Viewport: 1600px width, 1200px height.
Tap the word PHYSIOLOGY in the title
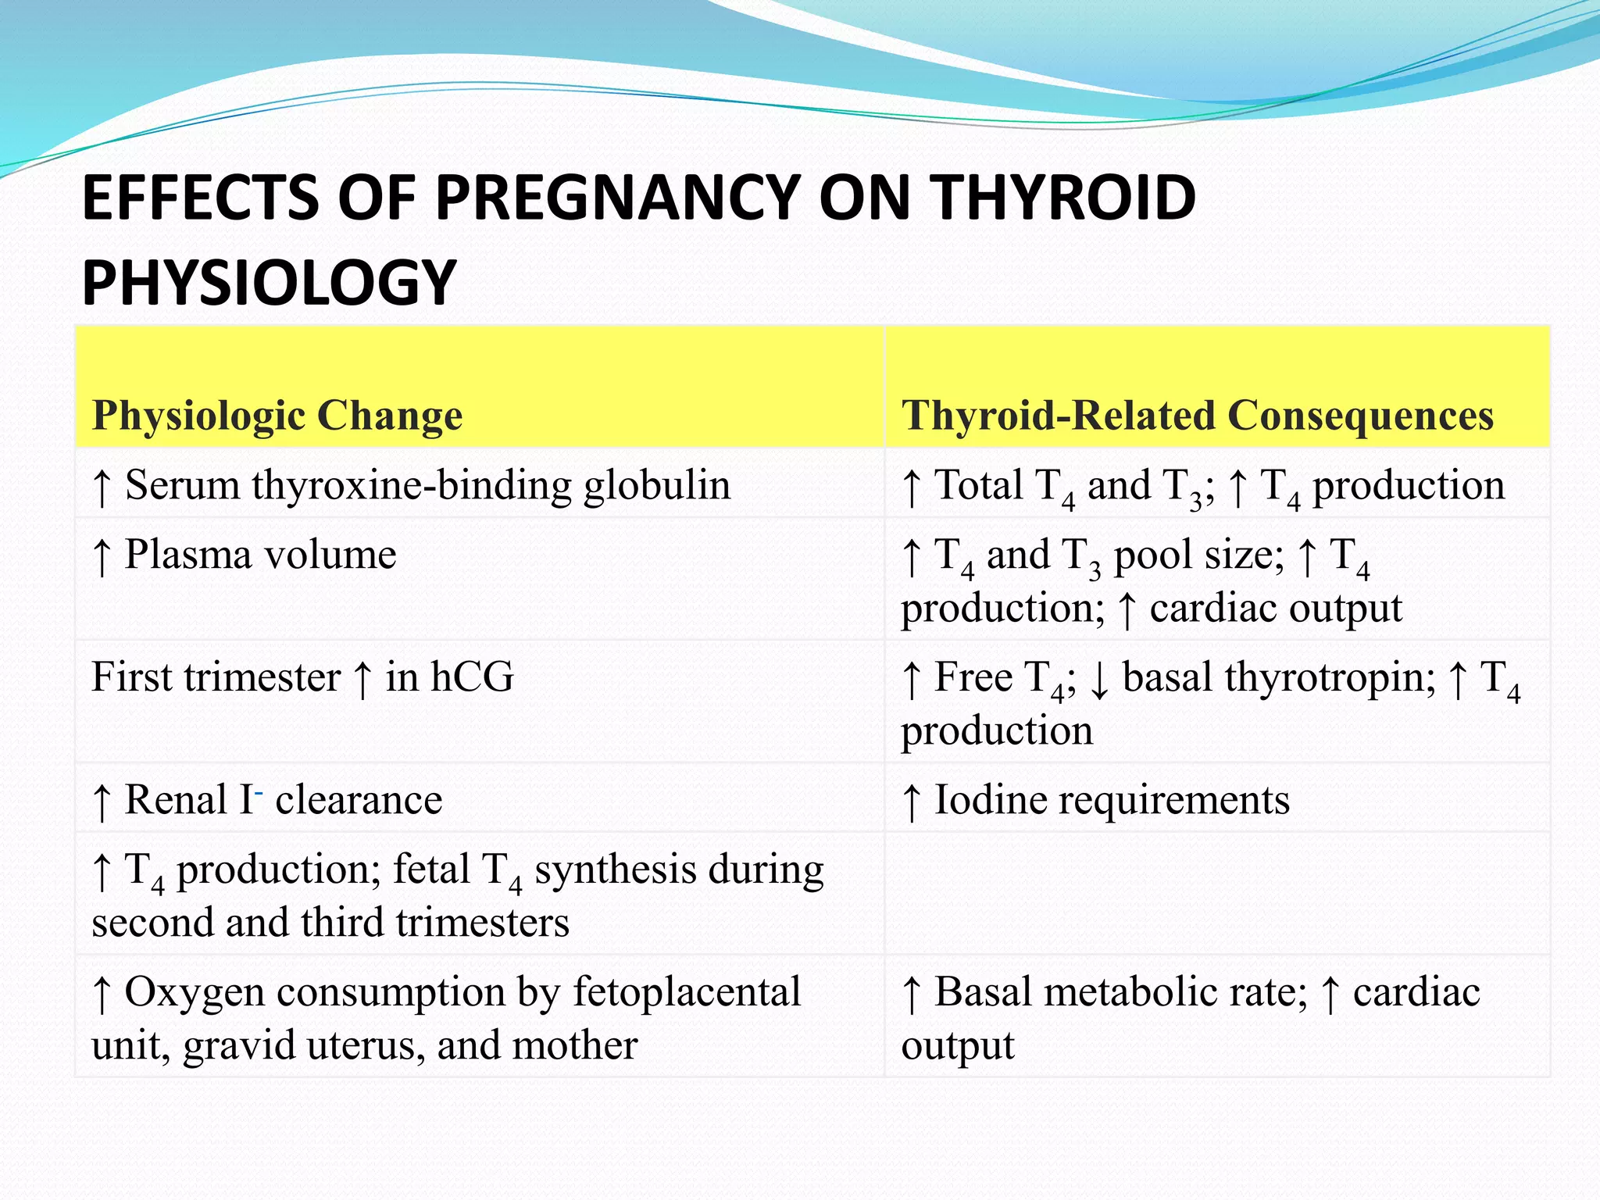(x=269, y=282)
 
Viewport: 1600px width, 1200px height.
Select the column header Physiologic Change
(x=277, y=415)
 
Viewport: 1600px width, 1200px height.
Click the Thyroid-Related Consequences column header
(x=1197, y=415)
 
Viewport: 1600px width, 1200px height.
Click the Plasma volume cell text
(x=260, y=555)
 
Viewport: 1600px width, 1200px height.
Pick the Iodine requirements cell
(x=1111, y=799)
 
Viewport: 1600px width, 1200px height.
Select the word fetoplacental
(x=687, y=992)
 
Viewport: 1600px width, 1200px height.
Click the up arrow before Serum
(x=102, y=487)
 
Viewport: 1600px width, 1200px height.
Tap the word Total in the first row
(x=978, y=485)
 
